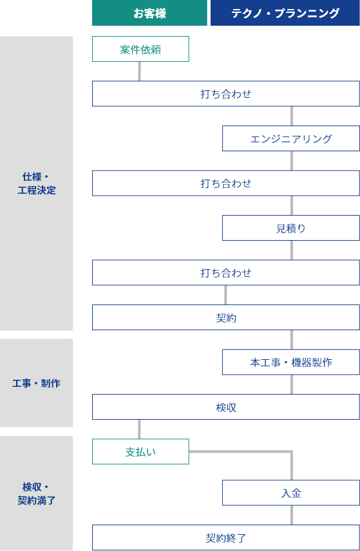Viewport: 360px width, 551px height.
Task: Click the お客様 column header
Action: (x=149, y=13)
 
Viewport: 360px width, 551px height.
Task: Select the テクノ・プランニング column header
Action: (x=285, y=13)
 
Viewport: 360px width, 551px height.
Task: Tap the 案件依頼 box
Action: (x=140, y=49)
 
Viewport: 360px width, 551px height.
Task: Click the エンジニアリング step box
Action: (x=291, y=138)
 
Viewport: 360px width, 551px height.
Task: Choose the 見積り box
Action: (x=291, y=228)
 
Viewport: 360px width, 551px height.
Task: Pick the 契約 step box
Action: (x=226, y=317)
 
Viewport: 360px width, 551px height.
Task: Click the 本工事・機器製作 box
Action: (x=291, y=362)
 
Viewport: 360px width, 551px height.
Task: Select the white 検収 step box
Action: (x=226, y=407)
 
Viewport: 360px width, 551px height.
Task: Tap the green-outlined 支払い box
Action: (x=140, y=452)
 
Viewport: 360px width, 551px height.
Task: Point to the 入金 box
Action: (x=291, y=492)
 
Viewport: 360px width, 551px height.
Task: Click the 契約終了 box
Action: (x=226, y=537)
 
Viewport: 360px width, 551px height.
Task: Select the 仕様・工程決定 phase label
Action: (x=37, y=183)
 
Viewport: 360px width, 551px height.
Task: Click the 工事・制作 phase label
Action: (x=37, y=383)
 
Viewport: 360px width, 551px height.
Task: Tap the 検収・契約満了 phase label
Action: (x=37, y=493)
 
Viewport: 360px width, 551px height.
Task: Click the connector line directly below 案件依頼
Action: (x=140, y=71)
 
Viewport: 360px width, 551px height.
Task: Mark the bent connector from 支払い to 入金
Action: (x=292, y=451)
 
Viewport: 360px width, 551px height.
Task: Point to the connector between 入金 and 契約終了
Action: (x=292, y=515)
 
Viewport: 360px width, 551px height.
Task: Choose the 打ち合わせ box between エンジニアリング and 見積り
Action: (x=226, y=183)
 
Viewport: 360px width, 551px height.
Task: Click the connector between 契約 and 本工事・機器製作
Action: (x=292, y=339)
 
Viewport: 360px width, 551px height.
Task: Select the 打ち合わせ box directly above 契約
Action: (x=226, y=273)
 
